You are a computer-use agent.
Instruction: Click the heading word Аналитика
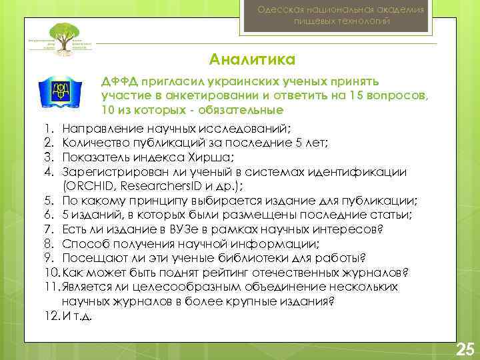coord(252,61)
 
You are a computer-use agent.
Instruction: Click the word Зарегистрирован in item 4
coord(109,172)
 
